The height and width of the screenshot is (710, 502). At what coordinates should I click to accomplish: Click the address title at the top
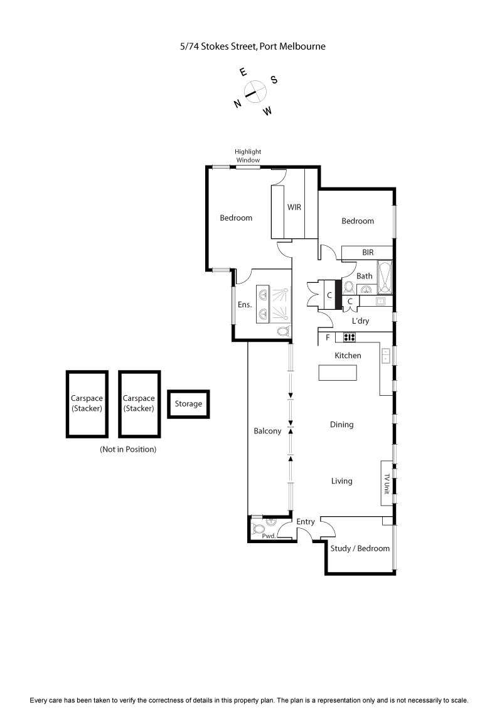252,46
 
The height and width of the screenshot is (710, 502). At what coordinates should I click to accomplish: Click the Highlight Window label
248,156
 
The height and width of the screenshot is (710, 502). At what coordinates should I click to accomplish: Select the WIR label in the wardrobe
294,207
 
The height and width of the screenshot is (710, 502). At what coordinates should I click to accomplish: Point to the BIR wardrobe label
368,252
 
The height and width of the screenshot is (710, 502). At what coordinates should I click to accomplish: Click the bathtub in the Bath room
385,278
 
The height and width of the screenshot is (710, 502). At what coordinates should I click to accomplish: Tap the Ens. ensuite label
244,305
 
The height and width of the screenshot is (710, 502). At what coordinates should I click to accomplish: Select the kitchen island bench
338,373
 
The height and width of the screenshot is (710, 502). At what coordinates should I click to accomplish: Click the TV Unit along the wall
387,483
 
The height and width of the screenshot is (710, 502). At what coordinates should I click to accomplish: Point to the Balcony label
267,432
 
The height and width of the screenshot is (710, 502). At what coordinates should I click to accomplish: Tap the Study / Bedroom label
360,548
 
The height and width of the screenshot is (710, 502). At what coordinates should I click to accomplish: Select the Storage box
188,404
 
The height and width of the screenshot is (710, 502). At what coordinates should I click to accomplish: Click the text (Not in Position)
128,450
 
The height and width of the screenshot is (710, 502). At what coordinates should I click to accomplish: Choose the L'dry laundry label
360,321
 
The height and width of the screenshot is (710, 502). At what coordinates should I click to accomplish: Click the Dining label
341,425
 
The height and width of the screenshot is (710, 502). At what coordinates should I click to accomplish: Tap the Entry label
306,522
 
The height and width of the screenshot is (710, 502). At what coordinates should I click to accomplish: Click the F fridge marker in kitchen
327,338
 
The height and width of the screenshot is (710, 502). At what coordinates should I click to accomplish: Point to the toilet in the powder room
257,527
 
